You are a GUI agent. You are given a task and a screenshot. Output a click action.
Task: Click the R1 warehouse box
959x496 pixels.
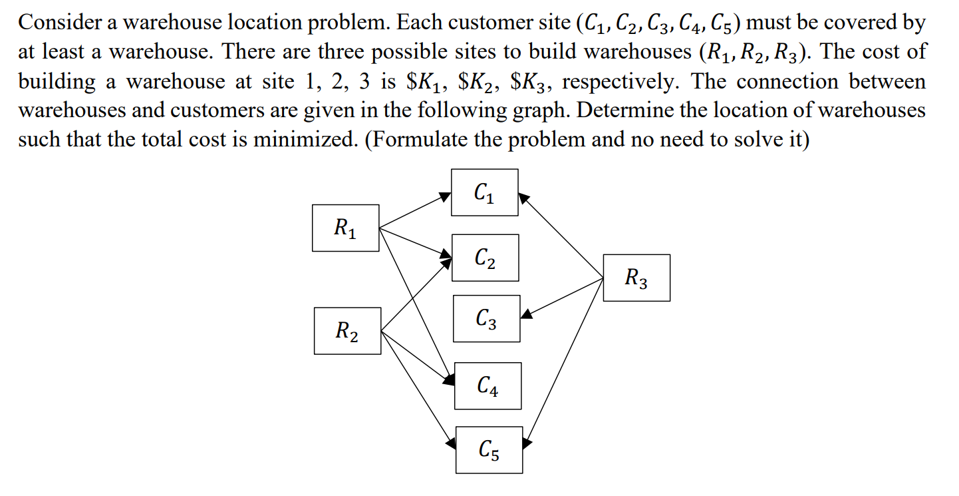click(345, 228)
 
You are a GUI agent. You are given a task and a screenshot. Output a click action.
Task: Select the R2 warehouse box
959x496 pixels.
click(347, 331)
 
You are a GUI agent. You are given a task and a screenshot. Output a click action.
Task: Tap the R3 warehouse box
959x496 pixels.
click(636, 278)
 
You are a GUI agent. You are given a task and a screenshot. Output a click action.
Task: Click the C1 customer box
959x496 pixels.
click(484, 192)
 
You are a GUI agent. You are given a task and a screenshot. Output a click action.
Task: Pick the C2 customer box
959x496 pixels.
click(485, 258)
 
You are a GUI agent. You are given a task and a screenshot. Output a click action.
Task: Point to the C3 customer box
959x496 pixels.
click(486, 319)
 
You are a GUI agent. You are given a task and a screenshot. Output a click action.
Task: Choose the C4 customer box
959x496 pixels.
click(487, 385)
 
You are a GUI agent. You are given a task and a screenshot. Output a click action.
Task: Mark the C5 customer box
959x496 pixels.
click(489, 450)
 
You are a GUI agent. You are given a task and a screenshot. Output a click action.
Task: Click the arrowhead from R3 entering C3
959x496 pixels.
click(527, 313)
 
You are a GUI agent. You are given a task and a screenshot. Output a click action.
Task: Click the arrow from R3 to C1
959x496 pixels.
click(561, 236)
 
